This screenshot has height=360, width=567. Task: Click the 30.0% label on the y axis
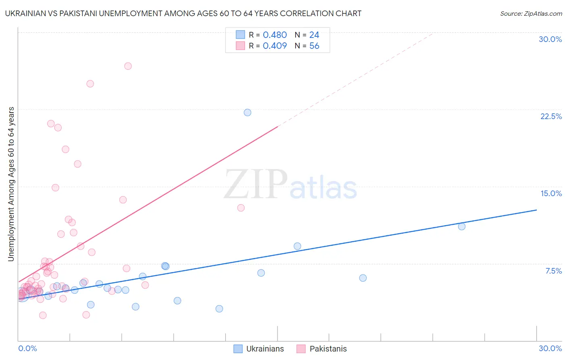(x=550, y=39)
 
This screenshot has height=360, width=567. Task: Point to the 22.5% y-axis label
(x=551, y=116)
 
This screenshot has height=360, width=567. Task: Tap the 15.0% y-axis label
(x=551, y=193)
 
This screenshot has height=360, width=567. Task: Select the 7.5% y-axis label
(x=553, y=271)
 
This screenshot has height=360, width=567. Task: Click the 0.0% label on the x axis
(x=27, y=348)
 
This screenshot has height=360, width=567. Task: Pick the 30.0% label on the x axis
(x=550, y=348)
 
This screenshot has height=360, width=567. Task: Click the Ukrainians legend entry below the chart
(x=259, y=349)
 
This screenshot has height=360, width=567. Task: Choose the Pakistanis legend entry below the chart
(x=322, y=349)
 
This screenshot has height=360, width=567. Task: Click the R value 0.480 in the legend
(x=275, y=35)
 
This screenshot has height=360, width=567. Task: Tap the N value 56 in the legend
(x=314, y=46)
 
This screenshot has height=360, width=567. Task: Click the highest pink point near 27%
(x=128, y=66)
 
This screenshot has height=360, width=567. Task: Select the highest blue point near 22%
(x=248, y=113)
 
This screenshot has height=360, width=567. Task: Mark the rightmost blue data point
(x=462, y=226)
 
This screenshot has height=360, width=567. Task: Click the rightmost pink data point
(x=241, y=208)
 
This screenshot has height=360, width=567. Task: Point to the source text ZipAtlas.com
(x=531, y=14)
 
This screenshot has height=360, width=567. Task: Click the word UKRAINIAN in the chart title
(x=25, y=13)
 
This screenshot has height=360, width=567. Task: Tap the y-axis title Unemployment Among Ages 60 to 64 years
(x=11, y=184)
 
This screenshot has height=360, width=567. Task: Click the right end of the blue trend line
(x=536, y=210)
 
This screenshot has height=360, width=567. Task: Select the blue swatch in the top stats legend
(x=240, y=35)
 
